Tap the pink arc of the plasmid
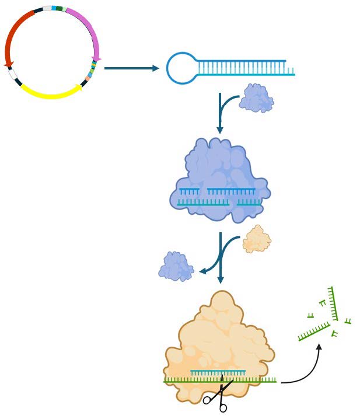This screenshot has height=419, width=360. pyautogui.click(x=88, y=26)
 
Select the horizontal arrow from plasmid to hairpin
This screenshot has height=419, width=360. pyautogui.click(x=131, y=68)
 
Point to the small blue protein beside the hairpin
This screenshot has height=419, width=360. pyautogui.click(x=257, y=98)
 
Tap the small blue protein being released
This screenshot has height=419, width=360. pyautogui.click(x=176, y=266)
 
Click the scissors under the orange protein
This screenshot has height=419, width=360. pyautogui.click(x=218, y=396)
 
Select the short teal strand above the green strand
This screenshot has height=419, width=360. pyautogui.click(x=218, y=371)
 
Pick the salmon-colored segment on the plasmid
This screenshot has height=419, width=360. pyautogui.click(x=88, y=78)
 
